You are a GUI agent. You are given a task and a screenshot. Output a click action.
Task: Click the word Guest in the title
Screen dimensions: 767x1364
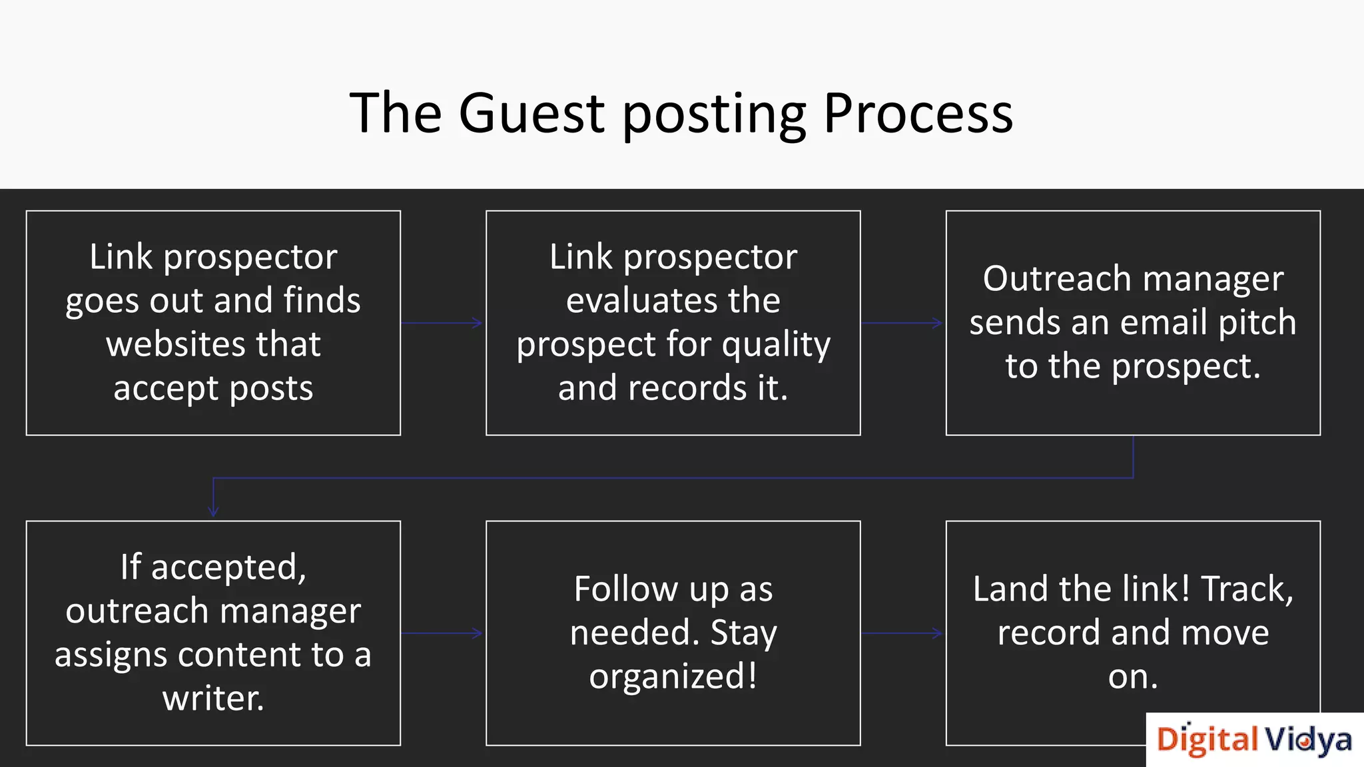531,113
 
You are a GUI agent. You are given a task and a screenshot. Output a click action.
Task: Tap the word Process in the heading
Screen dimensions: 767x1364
918,113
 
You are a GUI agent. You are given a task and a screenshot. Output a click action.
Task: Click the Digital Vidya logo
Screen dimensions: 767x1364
1254,740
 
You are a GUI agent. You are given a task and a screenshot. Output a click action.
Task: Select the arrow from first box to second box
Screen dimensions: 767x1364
442,323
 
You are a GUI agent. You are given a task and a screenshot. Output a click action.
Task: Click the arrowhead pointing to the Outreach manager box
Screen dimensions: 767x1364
938,323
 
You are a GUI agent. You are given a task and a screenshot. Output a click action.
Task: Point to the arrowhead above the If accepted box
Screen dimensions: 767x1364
213,511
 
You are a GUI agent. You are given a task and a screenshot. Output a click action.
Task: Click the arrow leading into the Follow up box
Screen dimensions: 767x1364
442,633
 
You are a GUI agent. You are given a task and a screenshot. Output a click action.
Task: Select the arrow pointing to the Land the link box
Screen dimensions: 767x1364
902,633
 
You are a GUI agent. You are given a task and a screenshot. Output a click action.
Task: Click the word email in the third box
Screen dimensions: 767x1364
1164,322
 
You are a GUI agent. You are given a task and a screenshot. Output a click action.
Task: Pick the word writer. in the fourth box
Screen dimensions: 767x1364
213,698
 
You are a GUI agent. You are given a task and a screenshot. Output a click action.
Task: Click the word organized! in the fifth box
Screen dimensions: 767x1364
673,676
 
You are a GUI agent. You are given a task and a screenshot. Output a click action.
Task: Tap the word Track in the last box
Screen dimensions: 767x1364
1246,589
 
